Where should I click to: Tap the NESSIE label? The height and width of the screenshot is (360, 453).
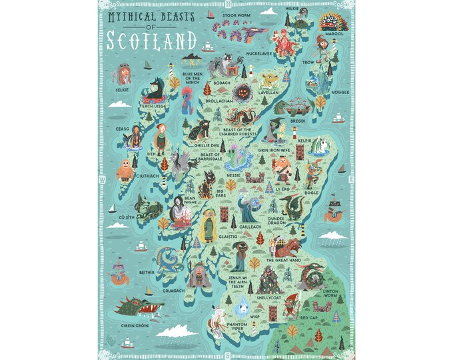(233, 175)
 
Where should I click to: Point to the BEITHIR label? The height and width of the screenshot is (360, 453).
(147, 272)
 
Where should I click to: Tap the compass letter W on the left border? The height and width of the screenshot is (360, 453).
(102, 180)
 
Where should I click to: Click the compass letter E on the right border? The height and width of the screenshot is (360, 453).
(350, 180)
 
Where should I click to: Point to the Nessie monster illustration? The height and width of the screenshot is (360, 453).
(237, 159)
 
